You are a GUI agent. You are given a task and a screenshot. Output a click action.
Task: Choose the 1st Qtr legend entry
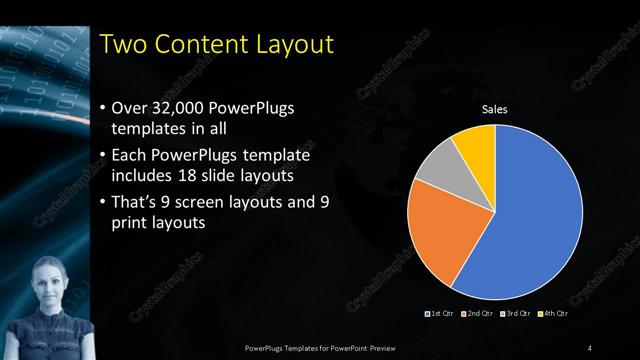tap(440, 315)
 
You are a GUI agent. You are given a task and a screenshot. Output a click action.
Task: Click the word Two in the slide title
tap(125, 44)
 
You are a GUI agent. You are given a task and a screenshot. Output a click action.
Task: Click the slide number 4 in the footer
tap(591, 347)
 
